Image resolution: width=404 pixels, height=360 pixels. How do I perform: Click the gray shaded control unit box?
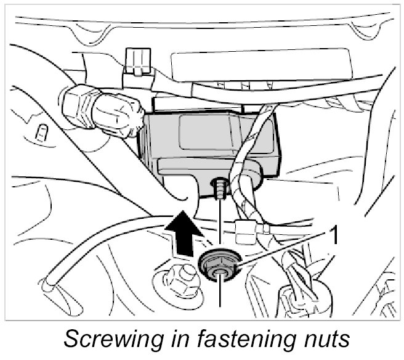tap(203, 139)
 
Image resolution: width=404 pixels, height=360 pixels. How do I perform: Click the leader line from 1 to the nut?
tap(283, 249)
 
